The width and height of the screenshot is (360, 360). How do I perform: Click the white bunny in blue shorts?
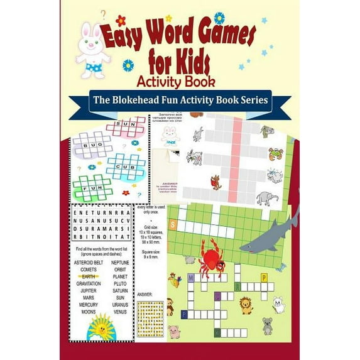[x=93, y=50]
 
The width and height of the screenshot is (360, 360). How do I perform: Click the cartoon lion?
[x=245, y=306]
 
